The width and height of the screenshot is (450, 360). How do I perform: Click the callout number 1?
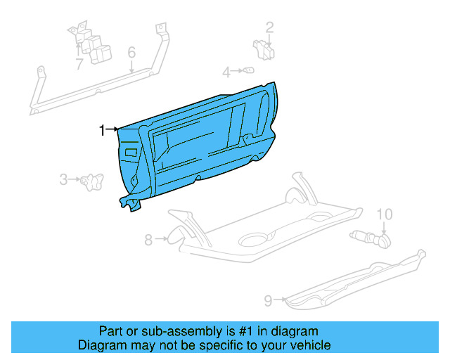[102, 129]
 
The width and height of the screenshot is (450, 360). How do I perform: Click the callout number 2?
[269, 28]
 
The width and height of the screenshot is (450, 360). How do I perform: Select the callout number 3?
[63, 179]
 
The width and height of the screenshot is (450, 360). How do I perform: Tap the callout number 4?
[226, 72]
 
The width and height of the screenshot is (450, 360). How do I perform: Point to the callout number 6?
[131, 53]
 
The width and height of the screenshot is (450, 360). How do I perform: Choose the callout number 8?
[148, 240]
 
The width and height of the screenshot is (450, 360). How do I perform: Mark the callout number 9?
[268, 301]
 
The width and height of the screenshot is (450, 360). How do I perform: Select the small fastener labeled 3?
[89, 181]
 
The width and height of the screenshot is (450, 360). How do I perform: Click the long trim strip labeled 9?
[359, 278]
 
